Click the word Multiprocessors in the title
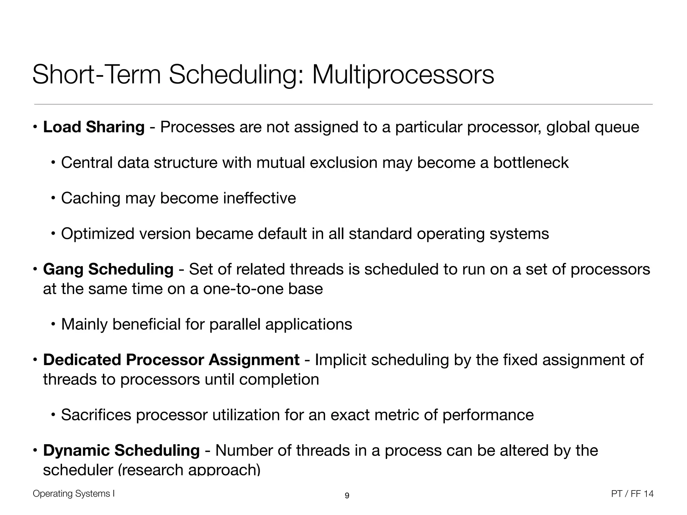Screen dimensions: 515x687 [x=403, y=75]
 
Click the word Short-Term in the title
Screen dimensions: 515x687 [x=97, y=75]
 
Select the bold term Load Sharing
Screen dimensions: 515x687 [x=94, y=127]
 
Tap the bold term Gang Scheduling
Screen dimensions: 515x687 [x=108, y=269]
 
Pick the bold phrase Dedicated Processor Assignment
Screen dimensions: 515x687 [x=171, y=360]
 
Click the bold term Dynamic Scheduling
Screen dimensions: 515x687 [x=121, y=450]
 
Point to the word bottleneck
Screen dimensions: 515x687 [x=531, y=163]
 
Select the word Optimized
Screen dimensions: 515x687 [x=98, y=234]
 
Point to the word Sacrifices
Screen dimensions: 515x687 [x=96, y=415]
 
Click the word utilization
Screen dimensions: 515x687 [x=246, y=415]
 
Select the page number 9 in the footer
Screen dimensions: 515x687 [x=347, y=496]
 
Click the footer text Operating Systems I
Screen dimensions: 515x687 [x=74, y=494]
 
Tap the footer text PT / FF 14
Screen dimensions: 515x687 [x=632, y=494]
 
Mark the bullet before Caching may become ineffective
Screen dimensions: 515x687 [x=53, y=198]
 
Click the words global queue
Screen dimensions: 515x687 [x=592, y=127]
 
